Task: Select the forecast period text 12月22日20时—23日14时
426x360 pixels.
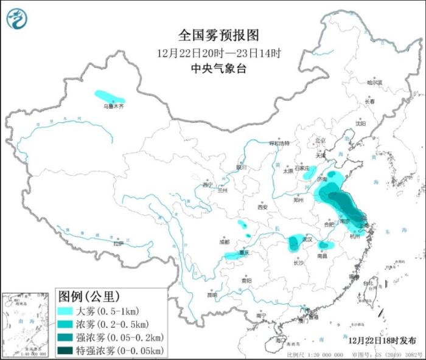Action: click(218, 53)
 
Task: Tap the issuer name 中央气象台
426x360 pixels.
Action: click(218, 69)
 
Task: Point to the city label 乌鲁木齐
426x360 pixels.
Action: click(113, 106)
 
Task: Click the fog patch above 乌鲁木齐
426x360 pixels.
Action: click(110, 96)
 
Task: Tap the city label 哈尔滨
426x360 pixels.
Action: click(375, 82)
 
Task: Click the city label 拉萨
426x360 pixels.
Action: click(118, 243)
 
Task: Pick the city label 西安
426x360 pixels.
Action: click(262, 207)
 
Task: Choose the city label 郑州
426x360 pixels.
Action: click(298, 199)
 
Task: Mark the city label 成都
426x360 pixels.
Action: click(225, 241)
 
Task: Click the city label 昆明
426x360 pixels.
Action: click(212, 295)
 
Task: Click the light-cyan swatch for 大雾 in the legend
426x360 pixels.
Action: click(66, 311)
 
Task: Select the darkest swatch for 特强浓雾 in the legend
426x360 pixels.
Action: click(66, 351)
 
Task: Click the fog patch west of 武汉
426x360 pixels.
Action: click(296, 242)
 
